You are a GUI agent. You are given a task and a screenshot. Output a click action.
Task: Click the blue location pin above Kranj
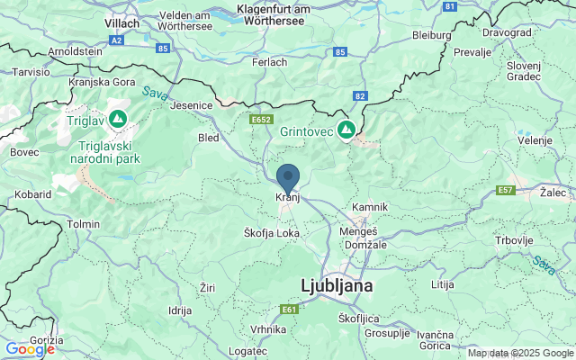point(288,176)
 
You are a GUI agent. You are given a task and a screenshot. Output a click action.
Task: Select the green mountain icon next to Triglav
point(117,119)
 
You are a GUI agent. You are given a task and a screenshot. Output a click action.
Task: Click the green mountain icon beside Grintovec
point(346,131)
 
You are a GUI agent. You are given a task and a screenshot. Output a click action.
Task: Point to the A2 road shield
point(117,40)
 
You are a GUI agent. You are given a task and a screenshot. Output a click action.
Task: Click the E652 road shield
point(262,119)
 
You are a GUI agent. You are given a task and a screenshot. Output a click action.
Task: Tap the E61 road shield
point(288,310)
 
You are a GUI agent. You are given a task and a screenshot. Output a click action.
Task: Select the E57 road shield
point(507,190)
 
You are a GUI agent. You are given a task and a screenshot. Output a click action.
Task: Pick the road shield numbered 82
point(360,95)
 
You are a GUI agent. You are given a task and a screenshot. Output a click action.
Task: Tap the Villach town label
point(121,22)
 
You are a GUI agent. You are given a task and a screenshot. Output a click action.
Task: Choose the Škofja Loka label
point(272,232)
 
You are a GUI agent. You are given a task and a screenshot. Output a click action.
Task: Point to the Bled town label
point(208,139)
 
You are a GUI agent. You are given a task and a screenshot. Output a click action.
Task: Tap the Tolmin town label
point(83,223)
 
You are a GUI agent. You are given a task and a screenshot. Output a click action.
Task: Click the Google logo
point(30,349)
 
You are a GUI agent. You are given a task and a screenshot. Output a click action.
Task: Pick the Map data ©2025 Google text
point(520,353)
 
